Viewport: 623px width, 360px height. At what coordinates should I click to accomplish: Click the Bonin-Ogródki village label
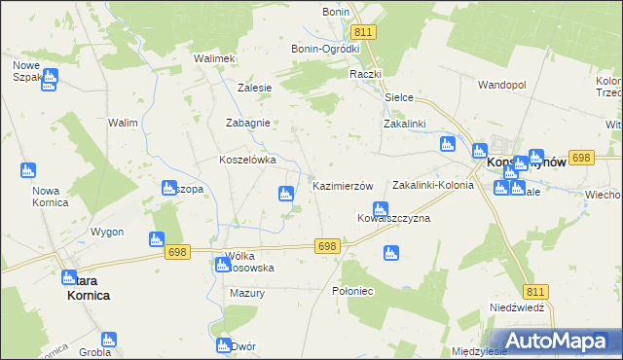pyautogui.click(x=325, y=49)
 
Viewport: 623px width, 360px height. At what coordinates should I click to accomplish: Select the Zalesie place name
pyautogui.click(x=254, y=87)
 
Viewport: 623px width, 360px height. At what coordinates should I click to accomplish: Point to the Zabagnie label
pyautogui.click(x=246, y=124)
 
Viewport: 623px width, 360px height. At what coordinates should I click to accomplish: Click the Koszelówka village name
pyautogui.click(x=247, y=160)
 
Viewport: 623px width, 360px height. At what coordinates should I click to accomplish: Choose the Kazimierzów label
pyautogui.click(x=342, y=185)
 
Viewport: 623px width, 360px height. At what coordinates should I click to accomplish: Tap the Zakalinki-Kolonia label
pyautogui.click(x=432, y=185)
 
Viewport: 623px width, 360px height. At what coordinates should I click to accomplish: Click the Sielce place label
pyautogui.click(x=399, y=98)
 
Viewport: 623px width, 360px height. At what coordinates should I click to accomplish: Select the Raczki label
pyautogui.click(x=366, y=74)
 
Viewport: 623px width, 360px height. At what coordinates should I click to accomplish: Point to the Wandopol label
pyautogui.click(x=501, y=86)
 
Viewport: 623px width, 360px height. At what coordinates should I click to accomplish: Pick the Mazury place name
pyautogui.click(x=247, y=292)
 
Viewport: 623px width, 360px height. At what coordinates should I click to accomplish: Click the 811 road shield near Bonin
pyautogui.click(x=364, y=32)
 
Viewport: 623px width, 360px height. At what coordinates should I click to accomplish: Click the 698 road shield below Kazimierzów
pyautogui.click(x=327, y=247)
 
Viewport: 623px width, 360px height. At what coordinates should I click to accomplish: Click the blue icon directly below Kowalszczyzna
pyautogui.click(x=391, y=254)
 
